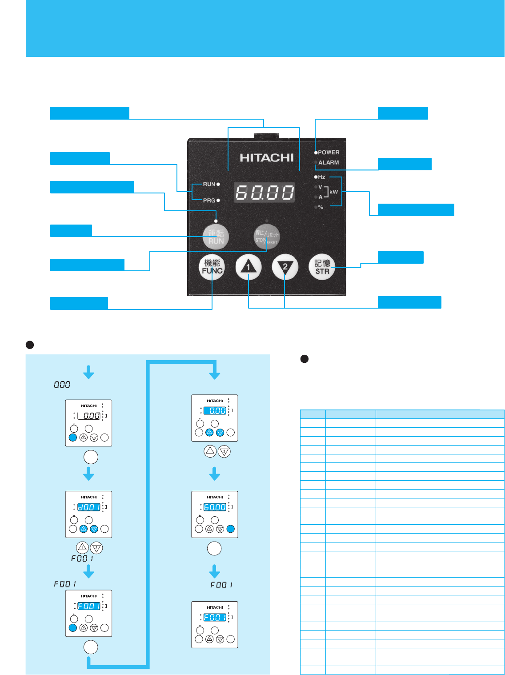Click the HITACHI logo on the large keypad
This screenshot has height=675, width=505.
point(267,157)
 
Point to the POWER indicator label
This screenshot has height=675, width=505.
point(329,153)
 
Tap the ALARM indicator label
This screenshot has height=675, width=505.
point(329,163)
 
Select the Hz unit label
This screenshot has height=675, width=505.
point(321,177)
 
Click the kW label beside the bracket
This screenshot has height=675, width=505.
point(333,192)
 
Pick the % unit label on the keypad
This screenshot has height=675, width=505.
point(321,207)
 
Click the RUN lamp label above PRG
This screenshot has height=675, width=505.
point(209,184)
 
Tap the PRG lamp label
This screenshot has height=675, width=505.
point(209,201)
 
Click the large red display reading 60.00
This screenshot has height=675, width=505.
point(265,193)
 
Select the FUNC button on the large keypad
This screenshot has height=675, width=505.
point(212,267)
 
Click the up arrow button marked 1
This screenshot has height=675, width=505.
point(248,267)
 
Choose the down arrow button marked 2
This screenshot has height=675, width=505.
point(285,267)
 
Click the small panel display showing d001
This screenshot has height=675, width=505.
point(89,506)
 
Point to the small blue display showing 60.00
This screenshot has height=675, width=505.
point(215,507)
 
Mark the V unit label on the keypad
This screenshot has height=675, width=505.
point(320,187)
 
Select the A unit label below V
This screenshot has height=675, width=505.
point(320,197)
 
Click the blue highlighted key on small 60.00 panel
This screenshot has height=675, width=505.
point(230,529)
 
